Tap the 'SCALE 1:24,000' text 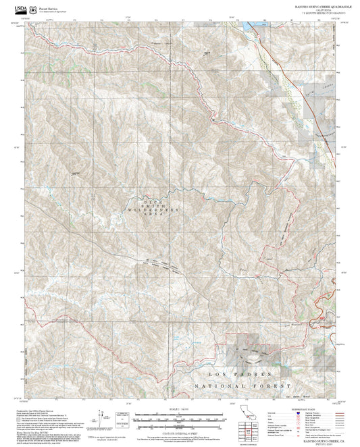[178, 410]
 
